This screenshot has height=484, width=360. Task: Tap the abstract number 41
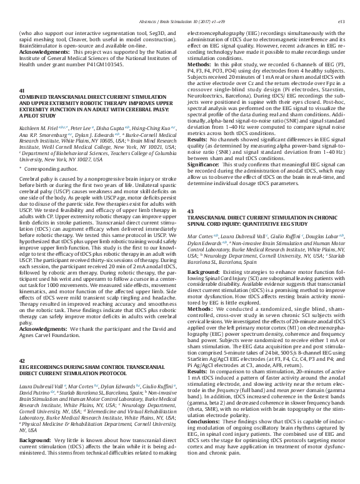[22, 108]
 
